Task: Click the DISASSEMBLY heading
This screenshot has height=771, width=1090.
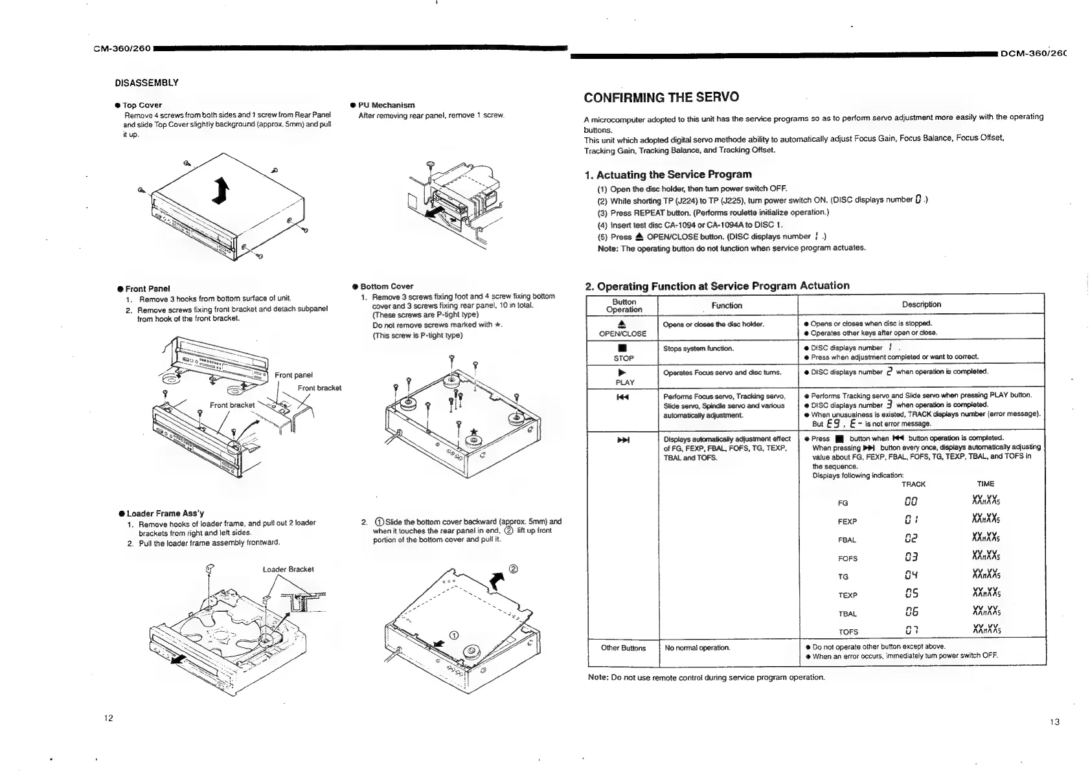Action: (x=146, y=83)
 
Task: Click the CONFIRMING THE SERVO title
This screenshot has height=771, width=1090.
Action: (x=661, y=98)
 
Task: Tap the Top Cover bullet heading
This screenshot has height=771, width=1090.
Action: (x=142, y=105)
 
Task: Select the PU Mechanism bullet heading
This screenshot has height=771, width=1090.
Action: (x=386, y=105)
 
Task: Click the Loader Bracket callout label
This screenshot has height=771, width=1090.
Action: (x=288, y=570)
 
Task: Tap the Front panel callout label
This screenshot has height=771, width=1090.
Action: (x=293, y=375)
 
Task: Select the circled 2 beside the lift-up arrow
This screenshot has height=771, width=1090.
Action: (x=514, y=570)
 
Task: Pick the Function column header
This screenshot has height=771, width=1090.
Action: (x=727, y=306)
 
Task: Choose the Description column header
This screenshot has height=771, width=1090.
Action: (x=921, y=304)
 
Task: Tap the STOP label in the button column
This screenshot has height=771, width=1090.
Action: (x=624, y=358)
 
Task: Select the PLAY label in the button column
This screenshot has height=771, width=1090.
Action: (x=624, y=382)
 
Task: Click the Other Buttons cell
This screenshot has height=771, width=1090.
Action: (x=623, y=648)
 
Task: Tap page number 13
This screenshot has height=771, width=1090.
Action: (x=1054, y=722)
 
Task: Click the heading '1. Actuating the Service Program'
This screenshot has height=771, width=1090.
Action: (x=668, y=175)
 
